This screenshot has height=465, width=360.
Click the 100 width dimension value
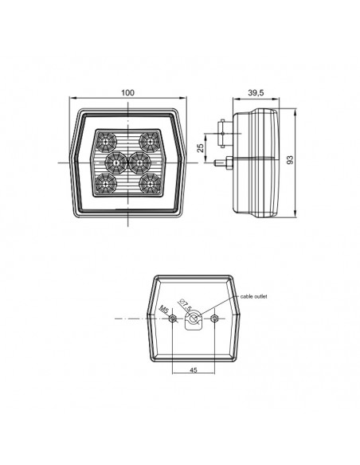click(127, 93)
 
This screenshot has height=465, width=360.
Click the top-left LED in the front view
click(104, 142)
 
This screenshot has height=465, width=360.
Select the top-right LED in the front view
click(147, 142)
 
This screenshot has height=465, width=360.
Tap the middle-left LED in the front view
click(115, 162)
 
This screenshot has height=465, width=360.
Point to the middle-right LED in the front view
click(138, 162)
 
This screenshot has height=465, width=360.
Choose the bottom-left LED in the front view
click(104, 182)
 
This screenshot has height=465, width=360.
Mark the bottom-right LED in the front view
click(147, 182)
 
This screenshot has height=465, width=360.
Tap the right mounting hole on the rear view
click(215, 319)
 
